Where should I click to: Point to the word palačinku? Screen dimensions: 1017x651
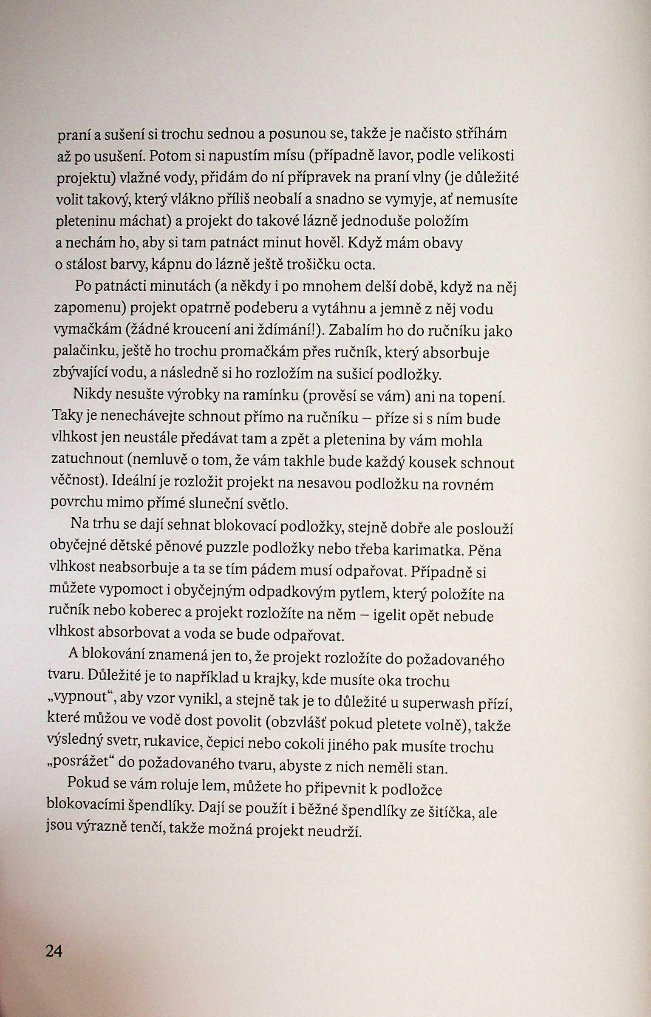85,352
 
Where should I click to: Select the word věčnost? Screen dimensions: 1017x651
77,482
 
